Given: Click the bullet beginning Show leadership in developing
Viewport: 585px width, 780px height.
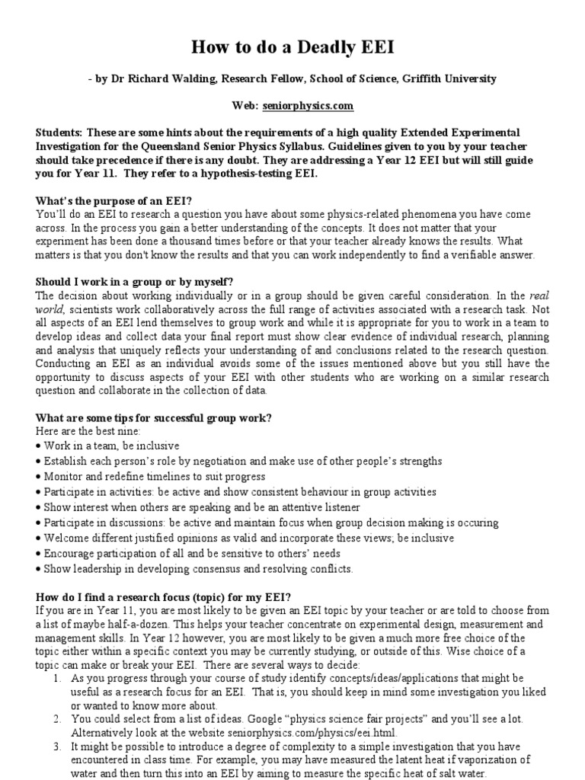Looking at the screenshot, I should tap(198, 569).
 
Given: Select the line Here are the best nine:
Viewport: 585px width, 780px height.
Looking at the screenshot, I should tap(86, 431).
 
